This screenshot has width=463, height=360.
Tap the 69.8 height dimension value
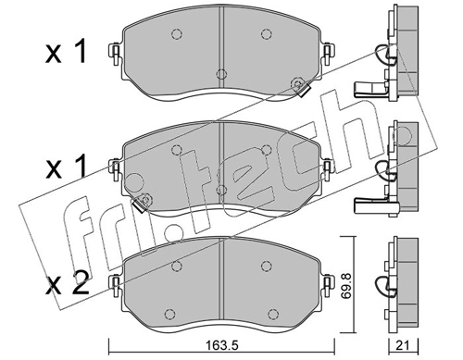[348, 285]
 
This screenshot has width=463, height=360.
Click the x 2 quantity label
[67, 283]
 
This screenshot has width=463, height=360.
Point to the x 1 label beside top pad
[66, 53]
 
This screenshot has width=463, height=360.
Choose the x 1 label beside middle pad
[66, 167]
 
